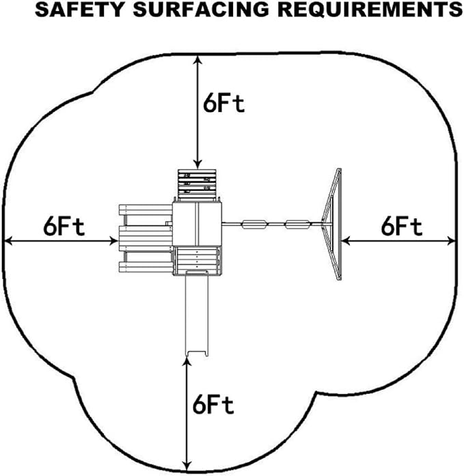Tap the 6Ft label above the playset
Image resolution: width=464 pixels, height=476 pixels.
(x=223, y=103)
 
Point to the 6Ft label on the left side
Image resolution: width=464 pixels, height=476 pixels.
(x=64, y=226)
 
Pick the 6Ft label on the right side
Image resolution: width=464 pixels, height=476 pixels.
(x=402, y=226)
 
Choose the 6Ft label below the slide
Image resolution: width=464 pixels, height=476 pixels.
(x=213, y=405)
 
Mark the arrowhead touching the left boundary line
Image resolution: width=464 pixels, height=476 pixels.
(x=8, y=240)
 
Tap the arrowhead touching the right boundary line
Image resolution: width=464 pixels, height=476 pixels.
(x=451, y=240)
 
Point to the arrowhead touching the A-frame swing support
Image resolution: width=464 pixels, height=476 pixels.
(x=346, y=240)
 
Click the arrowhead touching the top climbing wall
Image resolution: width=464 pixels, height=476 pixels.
(x=198, y=164)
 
